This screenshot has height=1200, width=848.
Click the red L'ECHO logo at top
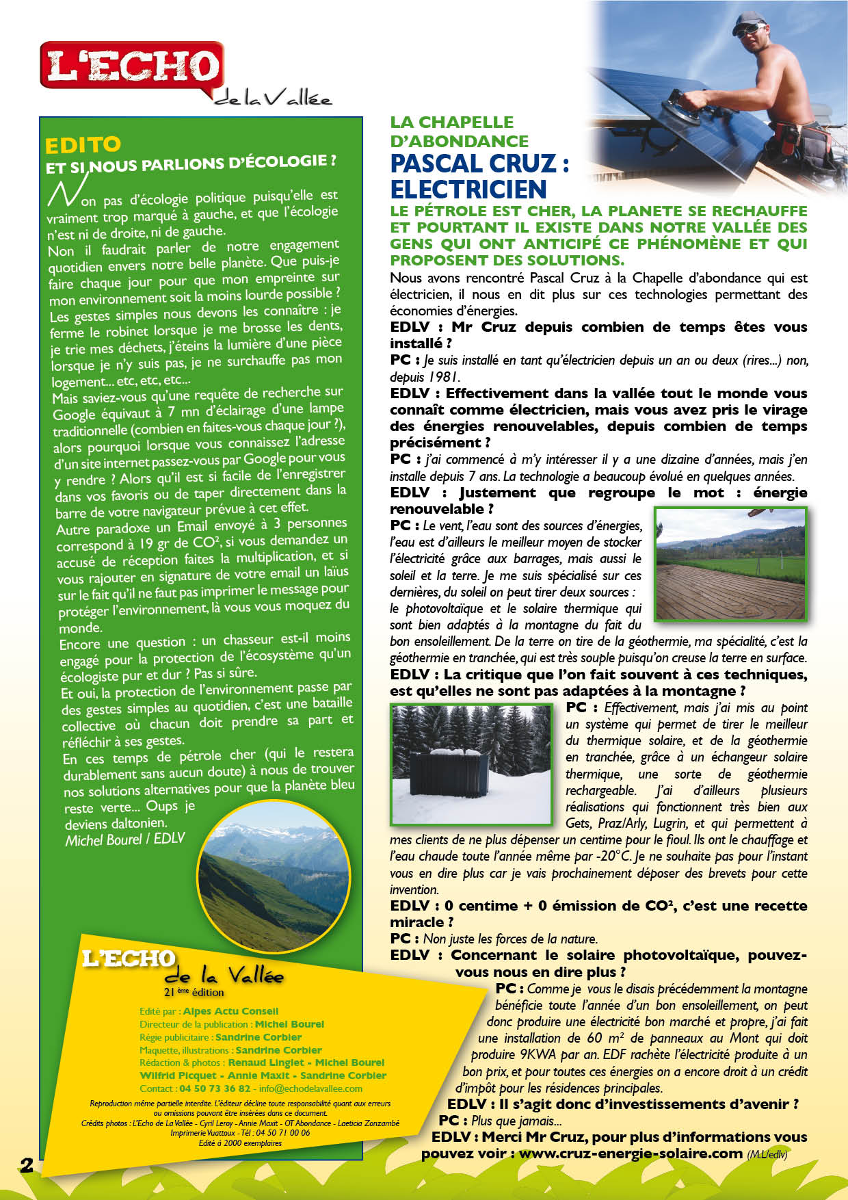pyautogui.click(x=132, y=66)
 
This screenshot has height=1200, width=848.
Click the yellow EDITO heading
pyautogui.click(x=83, y=145)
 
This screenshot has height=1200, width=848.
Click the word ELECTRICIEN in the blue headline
pyautogui.click(x=468, y=189)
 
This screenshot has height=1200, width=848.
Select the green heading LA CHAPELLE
pyautogui.click(x=452, y=122)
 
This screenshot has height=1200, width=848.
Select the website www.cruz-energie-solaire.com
pyautogui.click(x=630, y=1153)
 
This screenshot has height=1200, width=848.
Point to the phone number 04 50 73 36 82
pyautogui.click(x=215, y=1088)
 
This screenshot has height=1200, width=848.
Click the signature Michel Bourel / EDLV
pyautogui.click(x=125, y=839)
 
